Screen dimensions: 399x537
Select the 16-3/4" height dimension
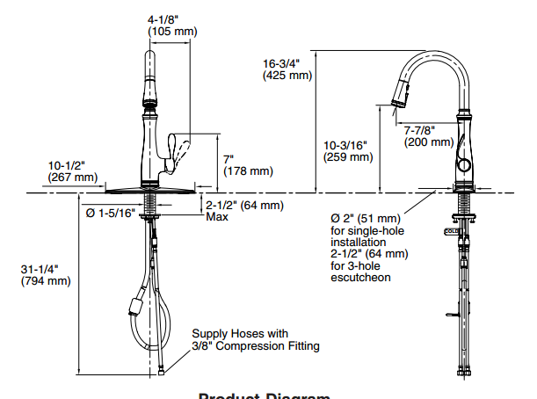(x=284, y=63)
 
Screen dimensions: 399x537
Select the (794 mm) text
(x=46, y=281)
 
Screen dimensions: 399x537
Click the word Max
(x=217, y=217)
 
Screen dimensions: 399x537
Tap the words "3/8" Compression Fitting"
(x=256, y=346)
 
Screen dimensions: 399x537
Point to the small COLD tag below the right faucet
(x=451, y=232)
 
